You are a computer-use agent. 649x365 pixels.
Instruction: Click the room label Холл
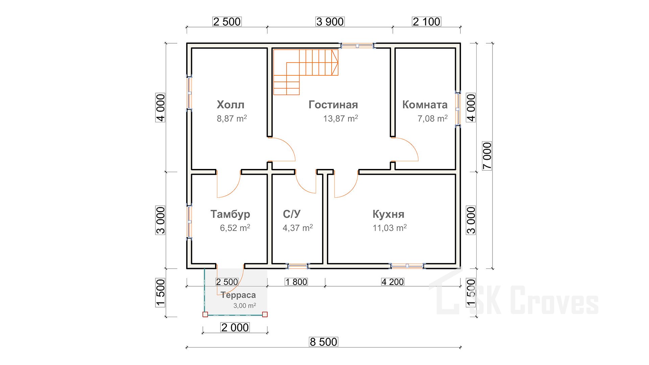(x=231, y=105)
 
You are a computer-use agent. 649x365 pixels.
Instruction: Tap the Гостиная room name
(x=333, y=105)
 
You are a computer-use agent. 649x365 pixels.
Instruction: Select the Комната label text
(x=425, y=105)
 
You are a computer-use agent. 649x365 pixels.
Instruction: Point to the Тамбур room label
(x=231, y=214)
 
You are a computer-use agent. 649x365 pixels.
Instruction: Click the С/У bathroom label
(x=292, y=214)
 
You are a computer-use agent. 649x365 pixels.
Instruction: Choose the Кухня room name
(x=388, y=214)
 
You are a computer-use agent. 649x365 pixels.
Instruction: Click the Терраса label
(x=239, y=295)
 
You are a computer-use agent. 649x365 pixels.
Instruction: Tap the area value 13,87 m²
(x=341, y=119)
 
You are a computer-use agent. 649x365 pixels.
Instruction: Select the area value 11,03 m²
(x=390, y=228)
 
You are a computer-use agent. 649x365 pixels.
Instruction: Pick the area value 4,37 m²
(x=298, y=228)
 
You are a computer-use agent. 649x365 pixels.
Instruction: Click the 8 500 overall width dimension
(x=323, y=342)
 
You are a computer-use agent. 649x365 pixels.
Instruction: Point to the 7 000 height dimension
(x=487, y=156)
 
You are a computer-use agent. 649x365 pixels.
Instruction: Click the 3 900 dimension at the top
(x=330, y=22)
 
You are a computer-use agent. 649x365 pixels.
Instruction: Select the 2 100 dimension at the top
(x=427, y=22)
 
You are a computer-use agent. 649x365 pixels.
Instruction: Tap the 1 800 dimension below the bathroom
(x=296, y=282)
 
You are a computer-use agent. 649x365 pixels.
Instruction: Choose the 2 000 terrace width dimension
(x=235, y=327)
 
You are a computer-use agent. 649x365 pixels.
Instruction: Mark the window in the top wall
(x=358, y=46)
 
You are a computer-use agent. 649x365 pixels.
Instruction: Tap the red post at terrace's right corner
(x=265, y=314)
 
